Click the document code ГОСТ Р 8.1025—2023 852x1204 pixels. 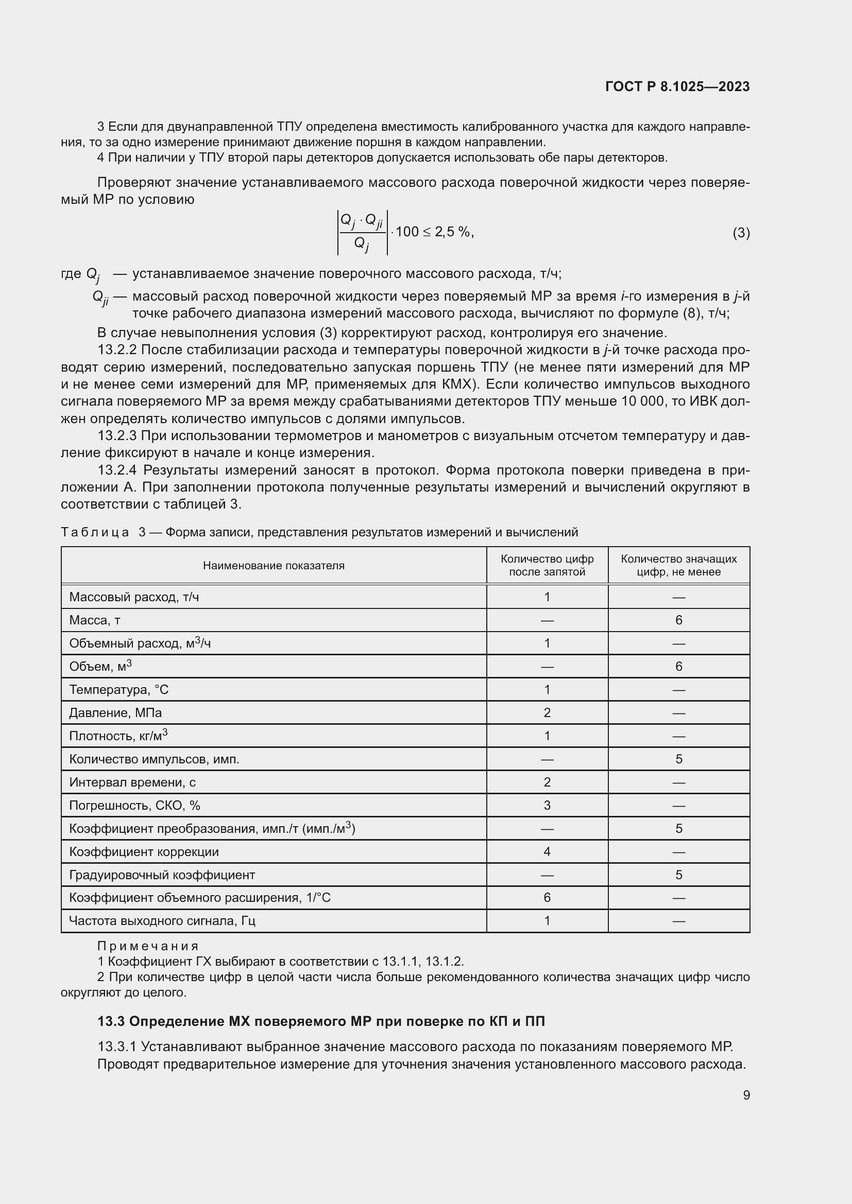(x=677, y=86)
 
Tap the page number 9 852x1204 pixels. (x=746, y=1095)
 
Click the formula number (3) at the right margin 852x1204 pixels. (x=741, y=233)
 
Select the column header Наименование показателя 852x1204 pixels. (x=274, y=565)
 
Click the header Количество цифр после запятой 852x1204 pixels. (x=547, y=565)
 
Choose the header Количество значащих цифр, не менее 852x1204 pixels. (x=678, y=565)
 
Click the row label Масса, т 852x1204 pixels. (x=95, y=620)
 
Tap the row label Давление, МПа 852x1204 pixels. (x=115, y=712)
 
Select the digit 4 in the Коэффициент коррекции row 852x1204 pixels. (x=547, y=851)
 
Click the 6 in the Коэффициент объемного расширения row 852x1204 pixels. (x=547, y=898)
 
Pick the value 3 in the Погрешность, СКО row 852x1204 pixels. (x=547, y=806)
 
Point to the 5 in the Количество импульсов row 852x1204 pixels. (x=678, y=759)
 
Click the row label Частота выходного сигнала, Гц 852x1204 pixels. (x=162, y=921)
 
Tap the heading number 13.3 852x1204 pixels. (x=111, y=1021)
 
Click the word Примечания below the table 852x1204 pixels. (x=148, y=946)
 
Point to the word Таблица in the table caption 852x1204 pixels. (x=95, y=532)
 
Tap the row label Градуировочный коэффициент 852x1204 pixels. (x=162, y=875)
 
